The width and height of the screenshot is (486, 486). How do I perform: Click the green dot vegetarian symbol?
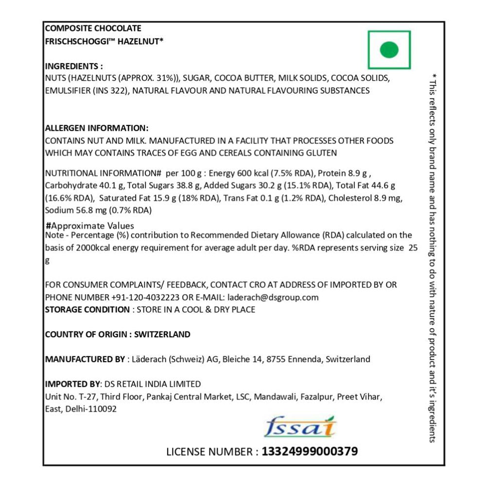coord(389,50)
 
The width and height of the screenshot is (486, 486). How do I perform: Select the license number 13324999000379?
coord(310,451)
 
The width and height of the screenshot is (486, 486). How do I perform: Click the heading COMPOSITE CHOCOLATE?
coord(93,29)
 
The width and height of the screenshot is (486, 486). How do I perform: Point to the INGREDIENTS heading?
coord(73,67)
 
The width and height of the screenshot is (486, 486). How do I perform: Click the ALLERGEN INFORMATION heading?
coord(96,128)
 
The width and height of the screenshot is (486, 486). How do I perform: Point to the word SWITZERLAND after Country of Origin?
coord(162,334)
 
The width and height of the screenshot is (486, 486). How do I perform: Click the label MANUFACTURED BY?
coord(85,360)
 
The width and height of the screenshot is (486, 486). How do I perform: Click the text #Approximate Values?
coord(89,226)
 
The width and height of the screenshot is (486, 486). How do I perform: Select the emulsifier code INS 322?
coord(109,90)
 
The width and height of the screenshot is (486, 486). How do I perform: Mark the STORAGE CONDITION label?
coord(87,310)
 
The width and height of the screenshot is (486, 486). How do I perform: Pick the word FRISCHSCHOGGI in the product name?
coord(76,41)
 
